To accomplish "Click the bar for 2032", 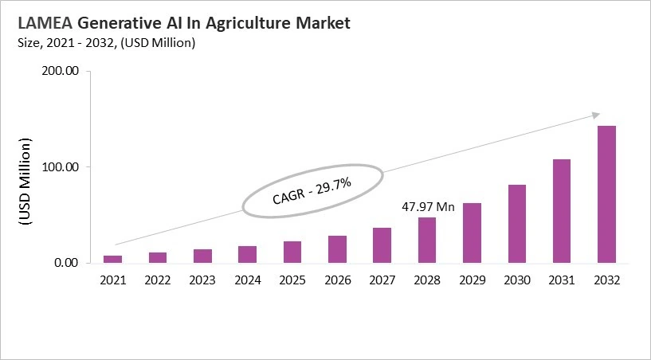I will pyautogui.click(x=606, y=194).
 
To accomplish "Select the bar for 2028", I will pyautogui.click(x=428, y=240).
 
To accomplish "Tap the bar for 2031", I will pyautogui.click(x=562, y=211).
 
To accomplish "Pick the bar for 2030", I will pyautogui.click(x=517, y=224).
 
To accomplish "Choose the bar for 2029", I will pyautogui.click(x=473, y=233).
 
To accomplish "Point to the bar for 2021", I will pyautogui.click(x=113, y=259).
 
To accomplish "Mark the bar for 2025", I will pyautogui.click(x=292, y=252).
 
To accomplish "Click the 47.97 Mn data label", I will pyautogui.click(x=428, y=207).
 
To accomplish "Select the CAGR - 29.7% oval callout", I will pyautogui.click(x=312, y=191).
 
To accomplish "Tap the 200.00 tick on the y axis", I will pyautogui.click(x=60, y=72).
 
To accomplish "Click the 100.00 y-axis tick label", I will pyautogui.click(x=60, y=167).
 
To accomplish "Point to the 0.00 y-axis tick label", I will pyautogui.click(x=65, y=263).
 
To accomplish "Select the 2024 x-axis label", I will pyautogui.click(x=248, y=280).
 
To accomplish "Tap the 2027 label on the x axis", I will pyautogui.click(x=382, y=280).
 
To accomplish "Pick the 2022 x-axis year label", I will pyautogui.click(x=158, y=280).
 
